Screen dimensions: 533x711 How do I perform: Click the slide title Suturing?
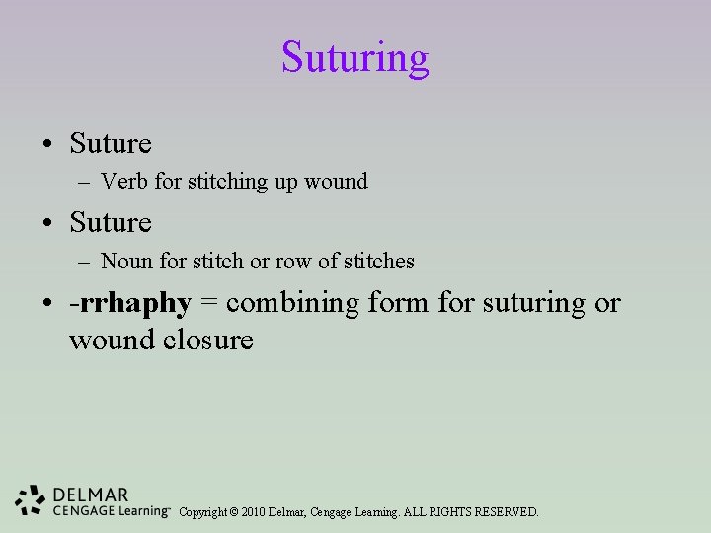coord(355,57)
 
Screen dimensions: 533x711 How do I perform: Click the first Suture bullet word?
coord(111,144)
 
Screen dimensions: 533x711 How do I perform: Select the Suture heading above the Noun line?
coord(111,223)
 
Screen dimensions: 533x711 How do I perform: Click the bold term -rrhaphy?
coord(129,303)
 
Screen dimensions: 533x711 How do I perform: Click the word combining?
coord(286,303)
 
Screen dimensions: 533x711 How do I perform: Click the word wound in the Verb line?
coord(336,182)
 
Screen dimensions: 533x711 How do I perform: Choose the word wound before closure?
coord(105,341)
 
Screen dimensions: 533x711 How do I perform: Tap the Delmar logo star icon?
coord(31,500)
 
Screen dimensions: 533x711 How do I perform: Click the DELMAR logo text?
coord(92,494)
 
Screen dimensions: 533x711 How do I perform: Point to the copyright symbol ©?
coord(233,512)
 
